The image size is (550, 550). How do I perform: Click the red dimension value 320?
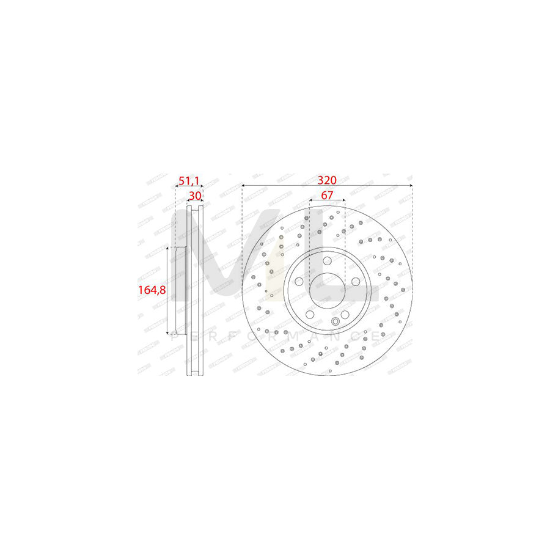(x=327, y=180)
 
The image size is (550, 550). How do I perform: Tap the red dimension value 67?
(x=327, y=195)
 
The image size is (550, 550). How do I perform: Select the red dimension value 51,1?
(x=188, y=180)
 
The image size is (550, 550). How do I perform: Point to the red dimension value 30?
(x=195, y=196)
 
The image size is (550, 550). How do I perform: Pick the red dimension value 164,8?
(x=152, y=290)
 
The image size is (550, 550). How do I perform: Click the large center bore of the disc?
(x=327, y=289)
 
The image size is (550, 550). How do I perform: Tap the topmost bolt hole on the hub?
(x=327, y=260)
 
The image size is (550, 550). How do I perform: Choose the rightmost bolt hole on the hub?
(x=355, y=280)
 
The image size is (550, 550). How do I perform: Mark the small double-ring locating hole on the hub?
(x=335, y=322)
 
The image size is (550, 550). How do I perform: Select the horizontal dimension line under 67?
(x=327, y=200)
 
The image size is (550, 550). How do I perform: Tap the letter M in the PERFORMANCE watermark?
(x=292, y=337)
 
